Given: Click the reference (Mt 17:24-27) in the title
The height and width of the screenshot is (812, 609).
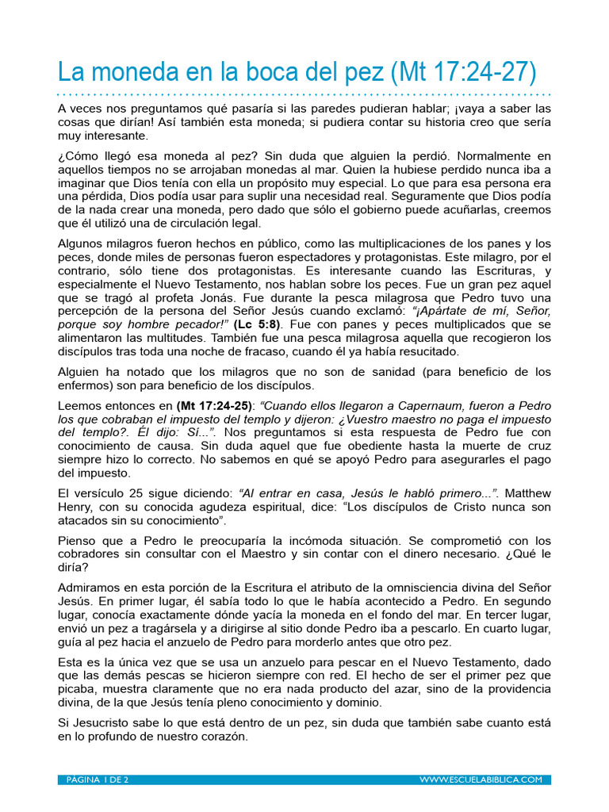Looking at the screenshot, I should tap(463, 73).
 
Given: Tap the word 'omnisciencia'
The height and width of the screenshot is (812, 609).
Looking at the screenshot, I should tap(434, 587).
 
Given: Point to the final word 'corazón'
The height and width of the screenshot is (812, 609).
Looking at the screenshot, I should tap(224, 737).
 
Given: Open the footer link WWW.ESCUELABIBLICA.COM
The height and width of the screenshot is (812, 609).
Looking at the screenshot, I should tap(481, 780).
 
